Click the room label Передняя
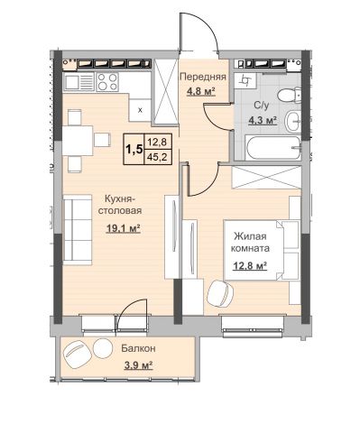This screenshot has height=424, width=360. [x=203, y=77]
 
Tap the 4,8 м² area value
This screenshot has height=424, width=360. [x=201, y=91]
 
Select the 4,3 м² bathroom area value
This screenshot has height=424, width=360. [x=263, y=121]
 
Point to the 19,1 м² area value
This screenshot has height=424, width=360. [x=124, y=229]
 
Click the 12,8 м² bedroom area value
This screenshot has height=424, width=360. [x=250, y=266]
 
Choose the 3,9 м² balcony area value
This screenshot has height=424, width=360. [x=139, y=365]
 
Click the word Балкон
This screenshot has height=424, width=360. [x=138, y=348]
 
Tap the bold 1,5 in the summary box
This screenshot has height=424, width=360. [x=134, y=149]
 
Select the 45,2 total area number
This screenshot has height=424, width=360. [x=158, y=157]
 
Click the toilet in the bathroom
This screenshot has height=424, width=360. [x=290, y=96]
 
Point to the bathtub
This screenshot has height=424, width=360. [x=273, y=148]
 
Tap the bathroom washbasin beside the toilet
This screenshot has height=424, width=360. [x=292, y=121]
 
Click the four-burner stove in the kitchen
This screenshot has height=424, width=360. [x=107, y=81]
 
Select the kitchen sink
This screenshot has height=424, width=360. [x=79, y=82]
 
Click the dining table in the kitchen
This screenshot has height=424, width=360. [x=78, y=141]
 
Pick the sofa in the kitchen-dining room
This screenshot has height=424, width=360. [x=78, y=230]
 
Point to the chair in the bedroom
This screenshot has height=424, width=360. [x=221, y=293]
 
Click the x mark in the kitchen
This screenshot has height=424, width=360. [x=140, y=110]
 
